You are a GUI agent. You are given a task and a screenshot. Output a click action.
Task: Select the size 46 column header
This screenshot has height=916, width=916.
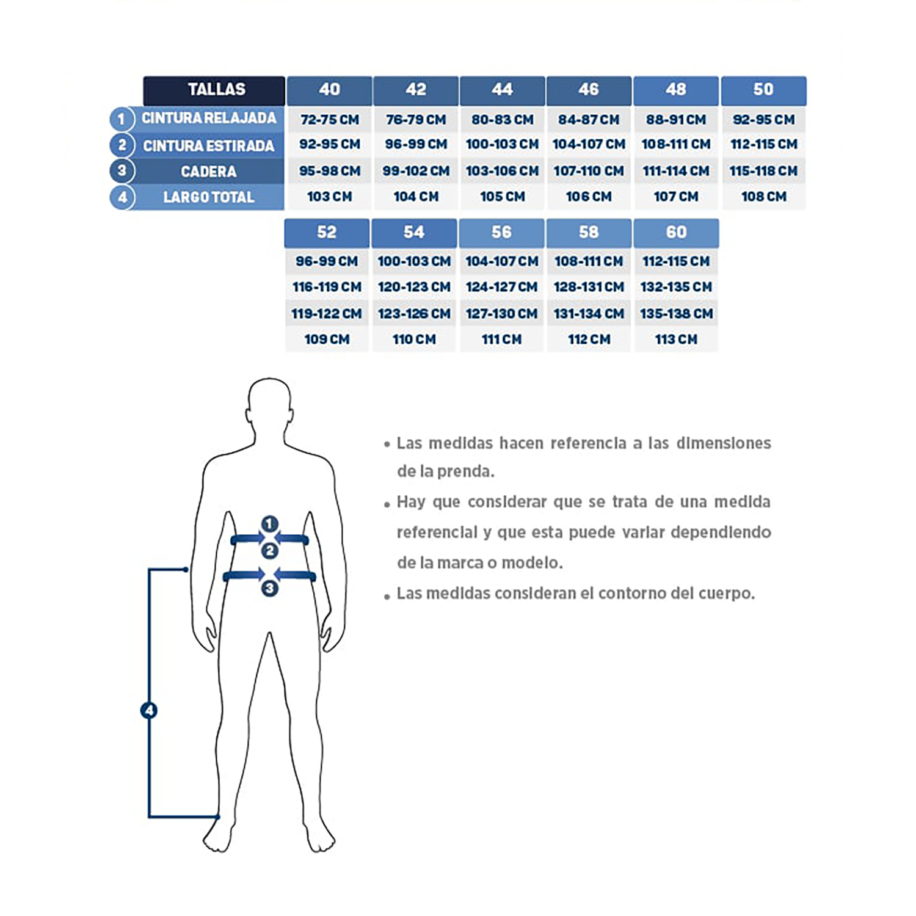589,90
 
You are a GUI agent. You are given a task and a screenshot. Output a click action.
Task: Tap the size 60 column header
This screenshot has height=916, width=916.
676,233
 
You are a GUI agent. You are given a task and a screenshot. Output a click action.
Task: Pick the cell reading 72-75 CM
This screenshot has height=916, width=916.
330,120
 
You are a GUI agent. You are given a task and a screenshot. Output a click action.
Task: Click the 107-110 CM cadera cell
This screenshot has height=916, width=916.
589,171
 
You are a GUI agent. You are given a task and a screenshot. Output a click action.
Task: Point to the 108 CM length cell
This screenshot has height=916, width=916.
764,197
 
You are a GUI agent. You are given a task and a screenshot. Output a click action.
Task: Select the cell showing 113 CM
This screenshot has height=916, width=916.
676,340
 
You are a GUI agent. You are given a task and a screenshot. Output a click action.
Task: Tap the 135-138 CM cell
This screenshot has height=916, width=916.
676,314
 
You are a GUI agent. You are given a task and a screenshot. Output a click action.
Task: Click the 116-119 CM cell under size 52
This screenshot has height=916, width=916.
327,287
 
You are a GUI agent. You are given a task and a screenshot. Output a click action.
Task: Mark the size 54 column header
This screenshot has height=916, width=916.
414,233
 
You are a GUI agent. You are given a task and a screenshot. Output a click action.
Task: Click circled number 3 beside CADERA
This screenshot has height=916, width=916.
122,170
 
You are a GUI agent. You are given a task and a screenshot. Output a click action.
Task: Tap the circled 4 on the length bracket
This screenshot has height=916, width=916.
149,710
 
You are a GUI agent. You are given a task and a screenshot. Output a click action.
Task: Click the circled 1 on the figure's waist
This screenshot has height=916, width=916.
270,524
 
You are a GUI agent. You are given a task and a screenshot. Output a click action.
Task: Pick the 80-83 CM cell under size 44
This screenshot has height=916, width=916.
502,120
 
